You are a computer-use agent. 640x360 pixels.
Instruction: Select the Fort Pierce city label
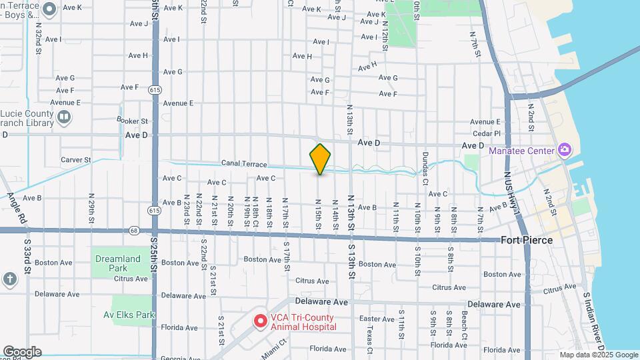point(524,241)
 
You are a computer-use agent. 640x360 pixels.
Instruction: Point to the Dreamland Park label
point(118,263)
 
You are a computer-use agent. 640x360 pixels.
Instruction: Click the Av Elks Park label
point(133,315)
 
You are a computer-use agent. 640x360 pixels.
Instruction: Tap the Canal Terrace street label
point(244,164)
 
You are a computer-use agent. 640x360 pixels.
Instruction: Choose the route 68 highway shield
point(134,231)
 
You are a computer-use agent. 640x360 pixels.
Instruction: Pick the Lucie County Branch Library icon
point(64,118)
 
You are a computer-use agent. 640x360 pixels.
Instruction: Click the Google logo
point(22,352)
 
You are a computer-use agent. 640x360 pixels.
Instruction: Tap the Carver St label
point(75,160)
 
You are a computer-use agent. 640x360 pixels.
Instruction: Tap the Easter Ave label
point(381,319)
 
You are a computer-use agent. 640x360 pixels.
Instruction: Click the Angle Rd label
point(17,207)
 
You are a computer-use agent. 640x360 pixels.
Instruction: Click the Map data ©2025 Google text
point(598,355)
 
